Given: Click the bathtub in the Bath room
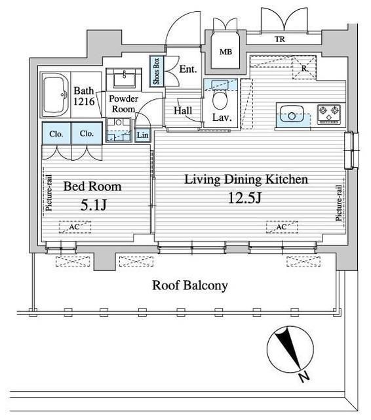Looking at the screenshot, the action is pos(55,94).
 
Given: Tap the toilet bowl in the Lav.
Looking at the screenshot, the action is pos(220,100).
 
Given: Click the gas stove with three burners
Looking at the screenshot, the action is pos(329,114).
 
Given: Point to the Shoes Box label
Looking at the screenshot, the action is pos(157,71).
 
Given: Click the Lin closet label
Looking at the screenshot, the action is pos(143,135).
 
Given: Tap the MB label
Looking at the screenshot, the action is pos(225,52).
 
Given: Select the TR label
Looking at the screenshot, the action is pos(280,39).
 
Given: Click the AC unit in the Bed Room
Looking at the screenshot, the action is pos(75,227).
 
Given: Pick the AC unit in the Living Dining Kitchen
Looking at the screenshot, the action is pos(282,227).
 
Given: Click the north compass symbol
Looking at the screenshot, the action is pos(290,350).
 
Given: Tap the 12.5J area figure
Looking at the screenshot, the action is pos(244,198).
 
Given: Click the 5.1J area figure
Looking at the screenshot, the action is pos(93,205).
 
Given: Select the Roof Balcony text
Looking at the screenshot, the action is pos(190,285).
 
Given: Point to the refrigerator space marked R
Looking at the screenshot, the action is pos(304,68).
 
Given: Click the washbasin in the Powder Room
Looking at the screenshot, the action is pos(125,78).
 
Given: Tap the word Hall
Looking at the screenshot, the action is pos(183,111).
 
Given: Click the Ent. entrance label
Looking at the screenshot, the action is pos(188,70).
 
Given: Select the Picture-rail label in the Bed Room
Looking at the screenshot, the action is pos(49,193).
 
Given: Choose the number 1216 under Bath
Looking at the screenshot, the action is pos(84,102).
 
